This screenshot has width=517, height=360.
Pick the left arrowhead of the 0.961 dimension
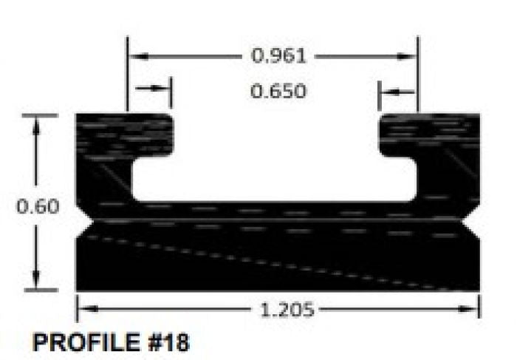click(x=135, y=55)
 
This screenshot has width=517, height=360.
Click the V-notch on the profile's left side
click(x=83, y=220)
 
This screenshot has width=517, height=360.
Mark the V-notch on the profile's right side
click(x=473, y=220)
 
